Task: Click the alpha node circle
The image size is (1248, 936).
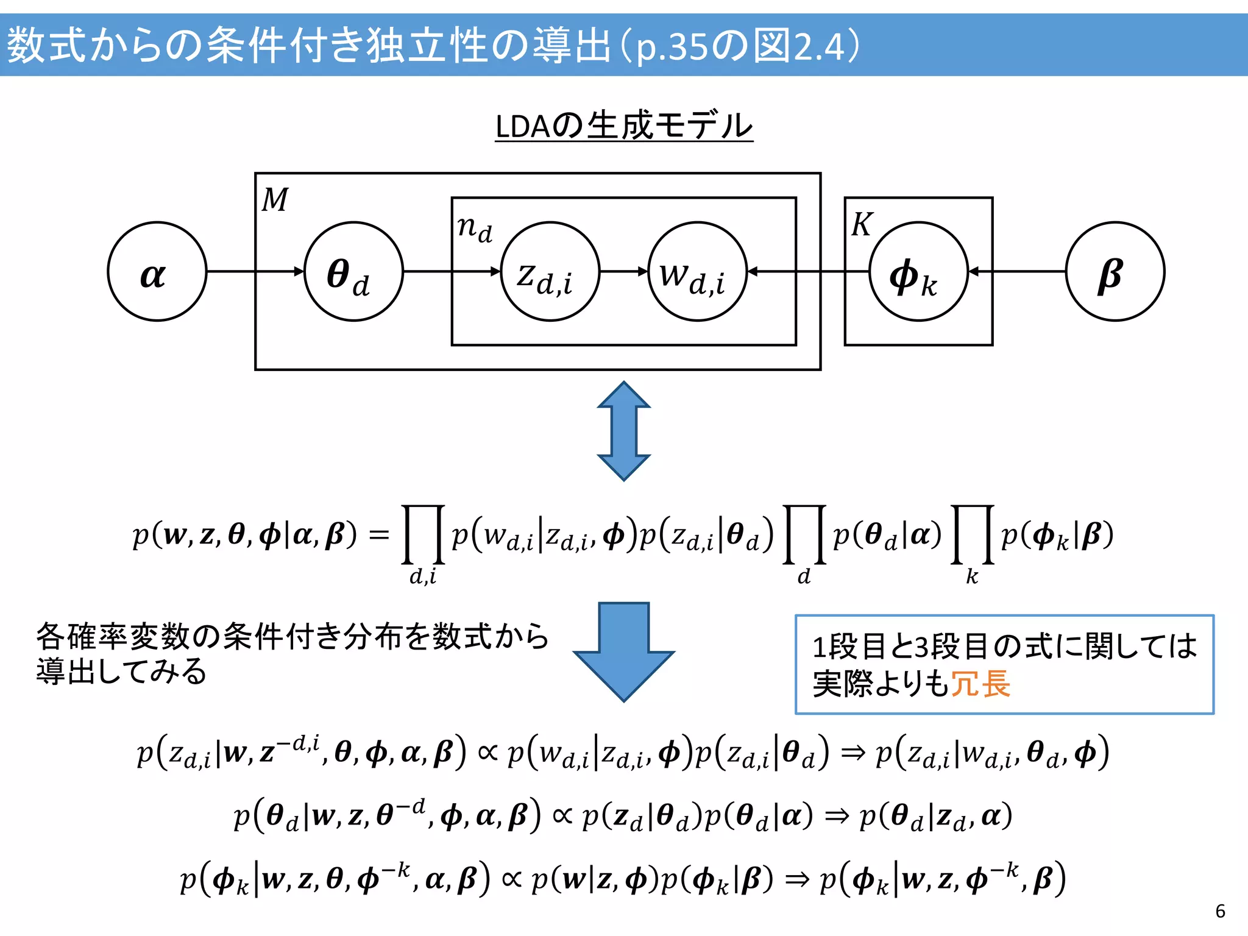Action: pyautogui.click(x=157, y=271)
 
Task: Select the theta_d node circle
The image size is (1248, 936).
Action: pyautogui.click(x=353, y=271)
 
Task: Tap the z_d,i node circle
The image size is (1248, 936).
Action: pyautogui.click(x=550, y=271)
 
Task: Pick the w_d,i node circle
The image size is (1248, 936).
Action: pyautogui.click(x=697, y=271)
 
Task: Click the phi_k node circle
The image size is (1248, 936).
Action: pyautogui.click(x=918, y=271)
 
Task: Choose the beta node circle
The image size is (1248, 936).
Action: pyautogui.click(x=1115, y=271)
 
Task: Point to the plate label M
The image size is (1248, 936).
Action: pyautogui.click(x=275, y=200)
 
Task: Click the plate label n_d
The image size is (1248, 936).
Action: pyautogui.click(x=475, y=229)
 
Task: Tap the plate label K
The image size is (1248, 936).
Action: pyautogui.click(x=862, y=224)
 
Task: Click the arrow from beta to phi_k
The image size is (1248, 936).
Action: pyautogui.click(x=1018, y=271)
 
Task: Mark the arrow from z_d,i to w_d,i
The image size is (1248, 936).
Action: pyautogui.click(x=623, y=271)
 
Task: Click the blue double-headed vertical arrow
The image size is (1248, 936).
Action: pyautogui.click(x=623, y=431)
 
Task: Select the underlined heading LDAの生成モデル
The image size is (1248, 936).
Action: pyautogui.click(x=623, y=126)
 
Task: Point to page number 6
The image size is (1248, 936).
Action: pyautogui.click(x=1220, y=911)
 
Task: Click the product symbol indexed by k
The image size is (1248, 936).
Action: pyautogui.click(x=973, y=534)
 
